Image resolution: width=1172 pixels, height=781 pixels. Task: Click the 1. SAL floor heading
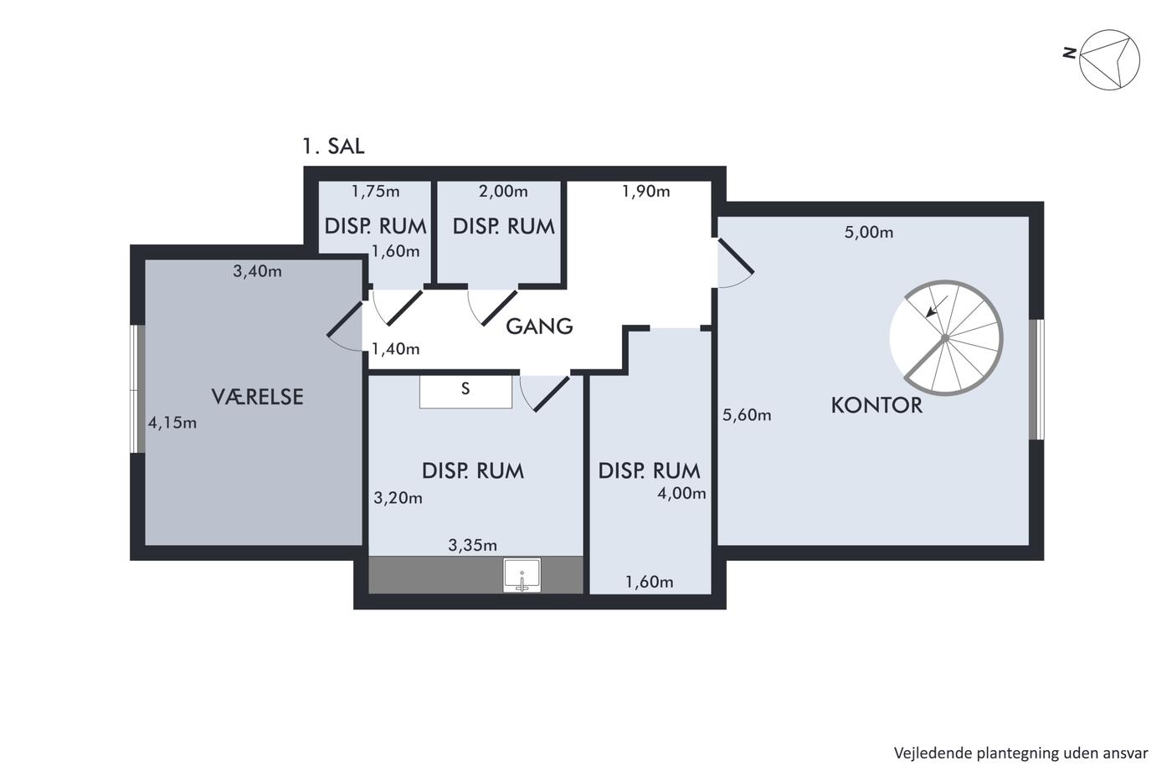(x=333, y=146)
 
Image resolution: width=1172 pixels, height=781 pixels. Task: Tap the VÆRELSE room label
(x=258, y=397)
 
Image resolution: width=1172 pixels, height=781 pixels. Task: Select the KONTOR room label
(x=876, y=405)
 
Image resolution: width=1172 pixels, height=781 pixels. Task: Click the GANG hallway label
(x=539, y=326)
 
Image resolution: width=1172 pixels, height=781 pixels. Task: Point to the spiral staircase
(x=946, y=337)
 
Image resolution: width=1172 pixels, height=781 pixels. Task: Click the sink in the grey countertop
(x=522, y=575)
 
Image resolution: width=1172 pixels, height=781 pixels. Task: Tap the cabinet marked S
(x=465, y=391)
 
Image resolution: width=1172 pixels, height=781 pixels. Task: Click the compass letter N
(x=1070, y=53)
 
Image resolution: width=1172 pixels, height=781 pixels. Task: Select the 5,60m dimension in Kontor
(x=747, y=415)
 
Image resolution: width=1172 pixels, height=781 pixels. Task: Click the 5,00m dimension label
(x=869, y=232)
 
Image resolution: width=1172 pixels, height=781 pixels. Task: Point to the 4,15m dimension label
(x=172, y=423)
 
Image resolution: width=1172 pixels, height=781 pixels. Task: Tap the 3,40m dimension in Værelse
(x=257, y=271)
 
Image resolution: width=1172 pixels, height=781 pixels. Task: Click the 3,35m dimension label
(x=472, y=545)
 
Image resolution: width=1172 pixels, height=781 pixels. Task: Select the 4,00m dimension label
(x=681, y=493)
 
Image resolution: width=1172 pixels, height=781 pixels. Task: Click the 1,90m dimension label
(x=645, y=192)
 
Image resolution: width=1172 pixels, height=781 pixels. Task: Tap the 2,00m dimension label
(x=503, y=192)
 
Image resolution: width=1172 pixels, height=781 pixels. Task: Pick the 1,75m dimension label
(x=376, y=192)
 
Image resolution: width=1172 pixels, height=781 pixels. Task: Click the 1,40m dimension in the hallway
(x=395, y=349)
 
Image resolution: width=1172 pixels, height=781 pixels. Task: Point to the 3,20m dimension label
(x=398, y=497)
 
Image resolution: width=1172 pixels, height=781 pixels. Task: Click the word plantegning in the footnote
(x=1020, y=753)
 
